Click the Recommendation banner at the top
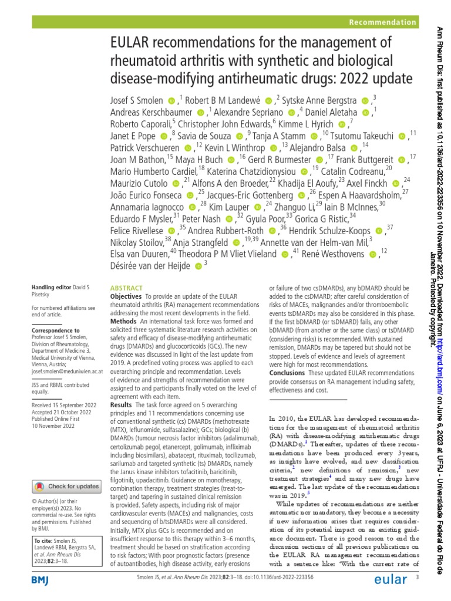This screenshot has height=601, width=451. [x=382, y=23]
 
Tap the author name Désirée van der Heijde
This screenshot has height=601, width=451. [x=150, y=265]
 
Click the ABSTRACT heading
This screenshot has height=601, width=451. [x=126, y=288]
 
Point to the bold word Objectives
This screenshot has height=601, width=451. [x=126, y=298]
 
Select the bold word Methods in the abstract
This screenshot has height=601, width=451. [x=123, y=323]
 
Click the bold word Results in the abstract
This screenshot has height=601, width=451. [x=121, y=405]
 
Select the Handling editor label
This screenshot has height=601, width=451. [x=51, y=288]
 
